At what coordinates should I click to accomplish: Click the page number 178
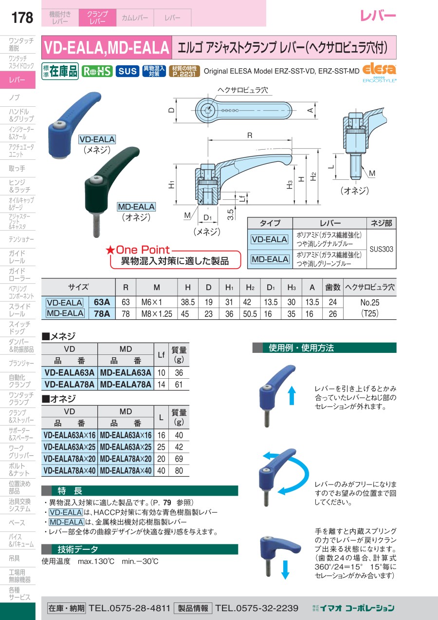pos(22,18)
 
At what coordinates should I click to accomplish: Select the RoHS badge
pos(97,71)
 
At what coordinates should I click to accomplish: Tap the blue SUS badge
pos(128,71)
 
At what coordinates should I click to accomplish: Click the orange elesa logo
pos(379,70)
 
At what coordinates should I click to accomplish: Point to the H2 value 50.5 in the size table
pos(250,314)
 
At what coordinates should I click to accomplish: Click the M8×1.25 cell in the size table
pos(157,314)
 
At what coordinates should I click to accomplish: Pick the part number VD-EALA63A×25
pos(70,447)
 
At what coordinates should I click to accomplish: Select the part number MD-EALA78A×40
pos(126,470)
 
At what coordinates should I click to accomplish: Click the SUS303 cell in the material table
pos(382,249)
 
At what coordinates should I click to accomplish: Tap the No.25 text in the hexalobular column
pos(370,302)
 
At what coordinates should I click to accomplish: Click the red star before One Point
pos(110,250)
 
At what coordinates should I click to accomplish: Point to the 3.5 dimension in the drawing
pos(231,214)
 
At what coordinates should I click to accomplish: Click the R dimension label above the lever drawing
pos(250,136)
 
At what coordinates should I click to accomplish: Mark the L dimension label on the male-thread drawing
pos(331,167)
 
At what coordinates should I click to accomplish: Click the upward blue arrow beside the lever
pos(292,396)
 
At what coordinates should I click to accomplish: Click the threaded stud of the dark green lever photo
pos(96,225)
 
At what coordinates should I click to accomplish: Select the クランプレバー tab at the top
pos(97,18)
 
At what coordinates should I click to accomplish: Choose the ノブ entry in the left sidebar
pos(14,97)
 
